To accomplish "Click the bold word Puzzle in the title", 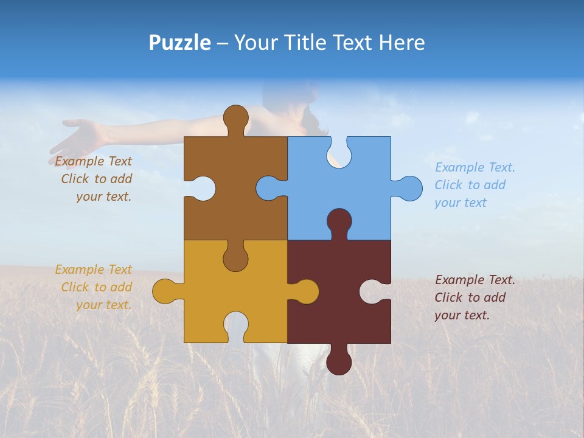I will (x=179, y=43).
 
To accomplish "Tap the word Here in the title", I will (x=401, y=43).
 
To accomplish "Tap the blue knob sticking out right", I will (x=409, y=188).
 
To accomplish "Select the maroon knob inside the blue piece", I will (x=339, y=221).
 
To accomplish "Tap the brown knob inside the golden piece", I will (x=235, y=258).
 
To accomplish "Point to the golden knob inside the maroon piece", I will (x=306, y=291).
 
